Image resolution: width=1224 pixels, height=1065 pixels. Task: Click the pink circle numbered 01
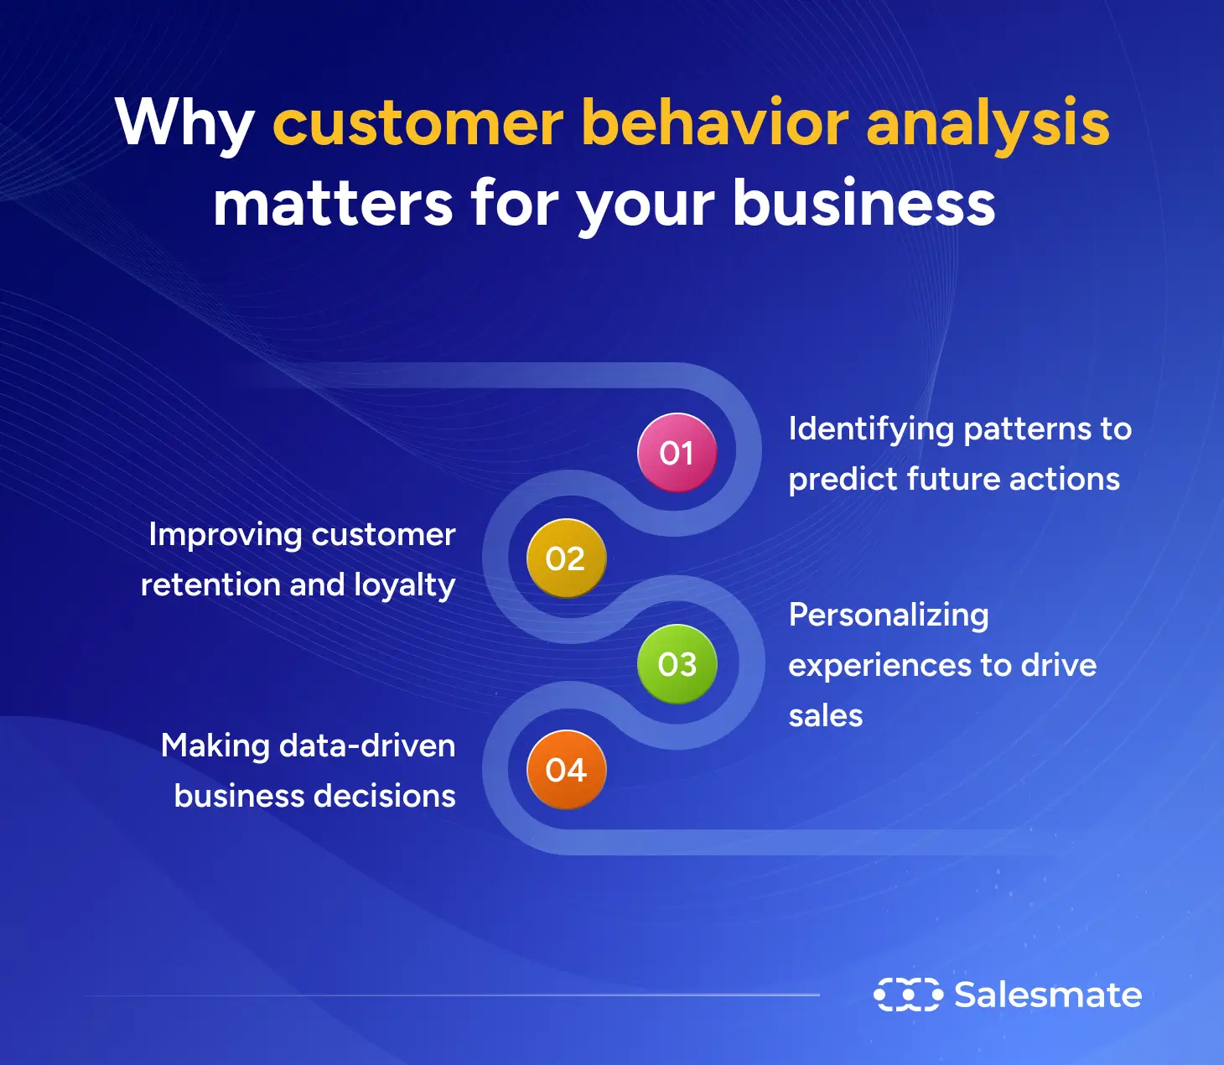(677, 453)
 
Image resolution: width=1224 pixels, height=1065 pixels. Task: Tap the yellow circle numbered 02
(566, 558)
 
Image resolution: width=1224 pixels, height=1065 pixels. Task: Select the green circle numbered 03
(677, 664)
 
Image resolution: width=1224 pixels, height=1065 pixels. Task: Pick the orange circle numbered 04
(566, 770)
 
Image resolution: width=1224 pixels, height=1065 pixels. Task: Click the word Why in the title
(184, 124)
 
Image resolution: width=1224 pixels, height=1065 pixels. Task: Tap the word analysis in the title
(988, 124)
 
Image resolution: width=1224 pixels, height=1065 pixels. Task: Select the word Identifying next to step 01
(871, 430)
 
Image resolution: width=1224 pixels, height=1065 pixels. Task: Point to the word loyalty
(404, 585)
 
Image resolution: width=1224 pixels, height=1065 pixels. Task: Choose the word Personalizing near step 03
(889, 616)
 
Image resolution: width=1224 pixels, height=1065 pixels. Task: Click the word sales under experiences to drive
(826, 716)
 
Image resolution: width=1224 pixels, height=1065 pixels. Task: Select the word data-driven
(367, 745)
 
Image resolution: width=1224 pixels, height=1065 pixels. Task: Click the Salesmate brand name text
(1048, 995)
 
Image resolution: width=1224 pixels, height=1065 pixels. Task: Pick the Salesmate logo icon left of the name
(907, 995)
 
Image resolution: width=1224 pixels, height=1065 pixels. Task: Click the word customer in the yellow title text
(418, 124)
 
